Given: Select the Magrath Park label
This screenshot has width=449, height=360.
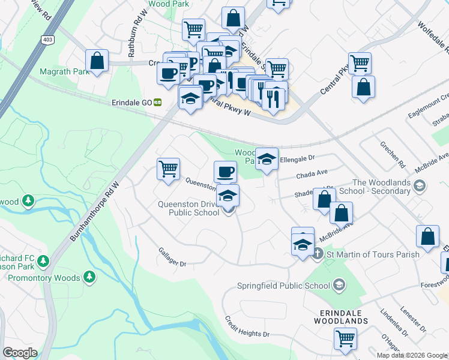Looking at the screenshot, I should point(64,71).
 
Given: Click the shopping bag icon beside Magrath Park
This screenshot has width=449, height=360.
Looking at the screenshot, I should point(97,60).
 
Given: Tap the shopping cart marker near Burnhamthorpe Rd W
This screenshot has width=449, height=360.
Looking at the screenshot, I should point(169,169).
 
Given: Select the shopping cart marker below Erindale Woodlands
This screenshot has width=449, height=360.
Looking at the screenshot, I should point(346,339).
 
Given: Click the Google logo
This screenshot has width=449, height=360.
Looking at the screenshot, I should point(20,353).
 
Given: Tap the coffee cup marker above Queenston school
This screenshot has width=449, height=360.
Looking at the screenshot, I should point(225,172).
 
